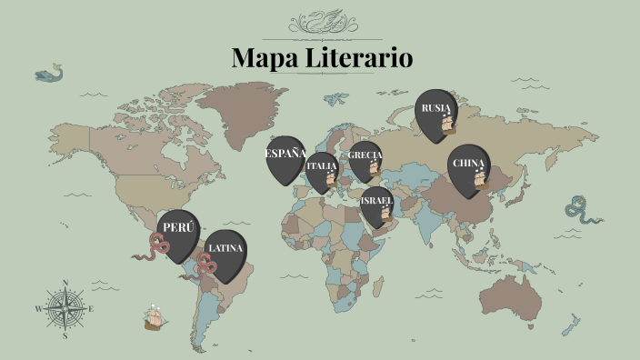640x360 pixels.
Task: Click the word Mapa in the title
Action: pyautogui.click(x=264, y=58)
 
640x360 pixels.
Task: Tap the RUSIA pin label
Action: pyautogui.click(x=434, y=108)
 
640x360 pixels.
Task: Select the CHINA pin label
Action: pyautogui.click(x=467, y=164)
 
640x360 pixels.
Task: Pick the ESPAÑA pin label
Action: pyautogui.click(x=285, y=153)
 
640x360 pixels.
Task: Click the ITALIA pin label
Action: pyautogui.click(x=321, y=166)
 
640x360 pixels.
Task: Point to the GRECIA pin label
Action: pyautogui.click(x=365, y=155)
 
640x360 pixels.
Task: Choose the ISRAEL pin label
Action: pyautogui.click(x=375, y=200)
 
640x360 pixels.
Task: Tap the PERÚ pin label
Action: pyautogui.click(x=177, y=227)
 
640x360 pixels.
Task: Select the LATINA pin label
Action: pyautogui.click(x=225, y=247)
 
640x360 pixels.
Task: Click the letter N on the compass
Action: pyautogui.click(x=65, y=283)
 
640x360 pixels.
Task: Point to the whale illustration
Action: pyautogui.click(x=47, y=73)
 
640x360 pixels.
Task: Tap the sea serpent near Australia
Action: pyautogui.click(x=580, y=211)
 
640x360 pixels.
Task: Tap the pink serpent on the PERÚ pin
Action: pyautogui.click(x=159, y=244)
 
